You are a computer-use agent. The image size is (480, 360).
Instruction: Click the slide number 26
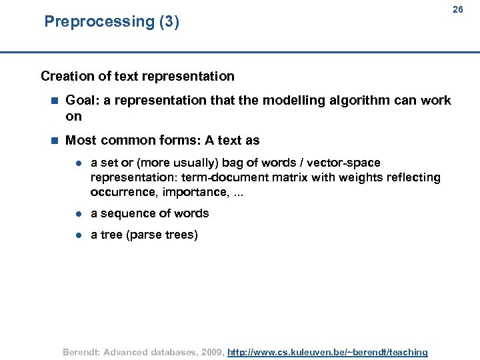pos(457,9)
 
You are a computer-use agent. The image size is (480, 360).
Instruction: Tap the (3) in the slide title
pos(169,21)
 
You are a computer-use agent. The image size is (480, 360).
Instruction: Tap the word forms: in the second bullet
pos(181,141)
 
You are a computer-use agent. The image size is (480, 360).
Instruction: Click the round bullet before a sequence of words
pos(78,214)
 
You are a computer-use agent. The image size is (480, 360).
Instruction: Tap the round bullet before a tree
pos(78,235)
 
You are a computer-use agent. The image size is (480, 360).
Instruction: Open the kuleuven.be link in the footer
pos(327,352)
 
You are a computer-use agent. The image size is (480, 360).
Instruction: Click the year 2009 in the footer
pos(209,352)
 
